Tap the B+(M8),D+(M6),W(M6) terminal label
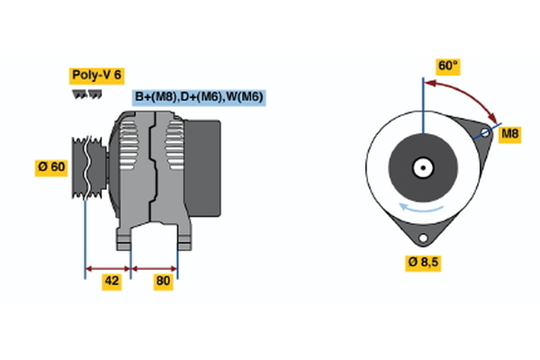click(199, 97)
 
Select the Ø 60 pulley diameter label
click(50, 166)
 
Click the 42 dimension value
click(112, 281)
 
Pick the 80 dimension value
click(163, 281)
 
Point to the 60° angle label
click(447, 67)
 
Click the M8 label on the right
click(510, 134)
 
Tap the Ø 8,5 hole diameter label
click(425, 262)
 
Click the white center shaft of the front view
click(422, 167)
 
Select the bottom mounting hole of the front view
click(423, 238)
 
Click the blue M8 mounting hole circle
click(484, 134)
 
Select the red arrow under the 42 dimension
click(108, 267)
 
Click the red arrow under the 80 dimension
click(155, 267)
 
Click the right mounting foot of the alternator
click(183, 238)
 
